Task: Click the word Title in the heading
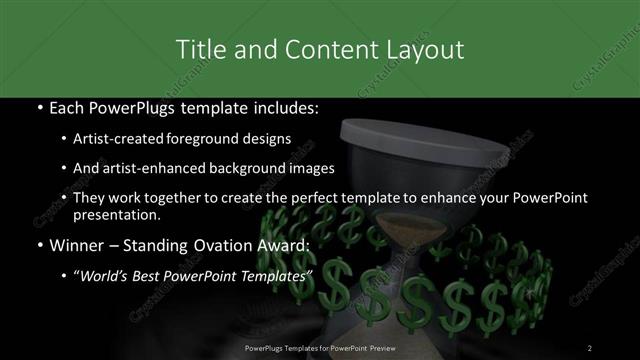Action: pos(200,48)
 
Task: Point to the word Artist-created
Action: pos(125,139)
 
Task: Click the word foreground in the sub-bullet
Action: pos(210,139)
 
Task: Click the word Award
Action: pos(288,245)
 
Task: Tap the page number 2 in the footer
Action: pos(590,347)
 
